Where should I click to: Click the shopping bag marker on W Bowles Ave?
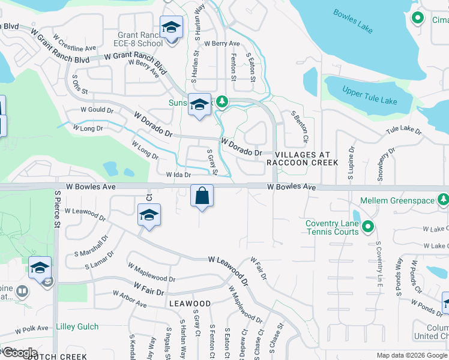tap(202, 196)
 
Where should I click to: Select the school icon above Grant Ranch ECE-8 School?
tap(171, 28)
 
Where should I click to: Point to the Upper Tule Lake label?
tap(369, 95)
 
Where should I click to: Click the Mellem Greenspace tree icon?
tap(443, 199)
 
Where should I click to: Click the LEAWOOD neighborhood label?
tap(190, 304)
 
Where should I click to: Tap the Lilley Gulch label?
tap(77, 327)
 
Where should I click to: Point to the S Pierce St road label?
tap(58, 210)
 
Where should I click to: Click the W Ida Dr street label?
tap(178, 175)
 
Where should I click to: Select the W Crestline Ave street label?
tap(74, 43)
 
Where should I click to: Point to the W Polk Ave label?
tap(31, 329)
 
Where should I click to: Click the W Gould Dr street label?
tap(97, 111)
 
